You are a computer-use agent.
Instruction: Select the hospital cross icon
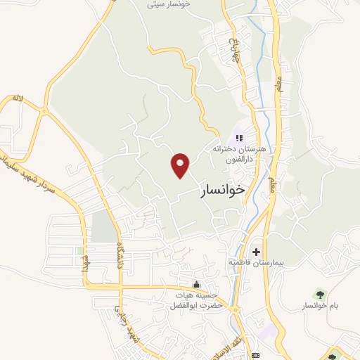256,251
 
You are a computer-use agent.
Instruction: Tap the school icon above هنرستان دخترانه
238,138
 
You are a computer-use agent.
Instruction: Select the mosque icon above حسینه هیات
195,285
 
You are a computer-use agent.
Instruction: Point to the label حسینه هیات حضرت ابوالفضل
195,301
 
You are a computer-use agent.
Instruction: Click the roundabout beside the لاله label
44,112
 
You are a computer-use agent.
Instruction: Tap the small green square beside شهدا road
80,250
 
